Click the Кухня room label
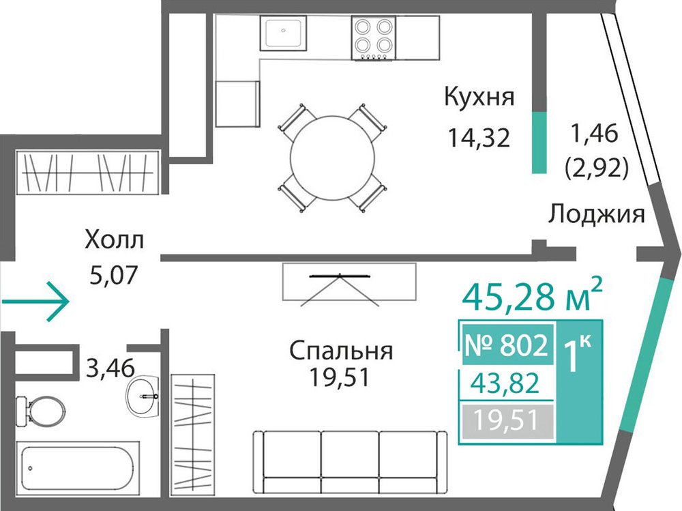point(479,98)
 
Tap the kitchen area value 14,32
point(479,138)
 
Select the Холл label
point(114,240)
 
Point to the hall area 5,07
point(113,275)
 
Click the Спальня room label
point(341,351)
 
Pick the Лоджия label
point(596,215)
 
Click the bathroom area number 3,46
point(110,368)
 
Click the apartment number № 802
point(506,346)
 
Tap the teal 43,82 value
point(507,383)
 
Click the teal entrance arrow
point(35,302)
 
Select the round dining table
point(333,158)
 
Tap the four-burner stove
point(374,38)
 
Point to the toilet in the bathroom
point(40,411)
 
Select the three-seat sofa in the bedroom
point(350,462)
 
